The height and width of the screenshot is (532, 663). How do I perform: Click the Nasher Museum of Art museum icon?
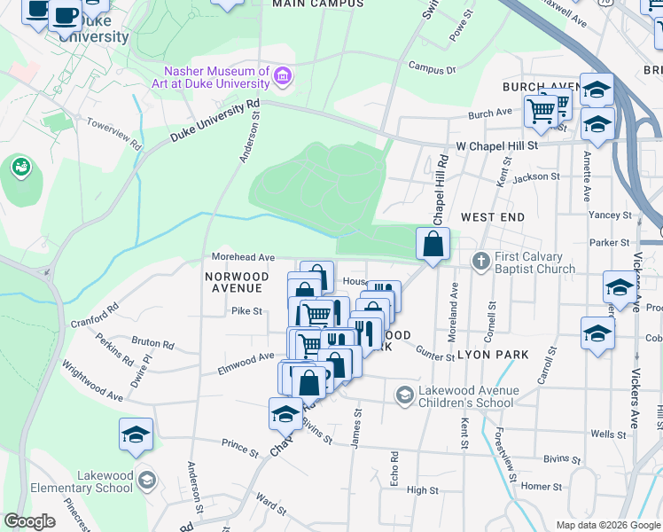(283, 77)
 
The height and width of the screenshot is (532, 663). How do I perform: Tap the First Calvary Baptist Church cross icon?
(481, 261)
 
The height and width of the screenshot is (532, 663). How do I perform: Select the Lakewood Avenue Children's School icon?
(405, 394)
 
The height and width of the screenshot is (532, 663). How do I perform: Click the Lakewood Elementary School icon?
(146, 480)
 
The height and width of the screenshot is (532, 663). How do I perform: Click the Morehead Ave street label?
(242, 257)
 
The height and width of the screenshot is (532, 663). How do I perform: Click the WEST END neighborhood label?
(493, 216)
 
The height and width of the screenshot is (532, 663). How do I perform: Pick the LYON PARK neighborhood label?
(493, 355)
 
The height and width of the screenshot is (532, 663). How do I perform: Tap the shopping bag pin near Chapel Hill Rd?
(433, 244)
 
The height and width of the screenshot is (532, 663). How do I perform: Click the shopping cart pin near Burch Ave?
(542, 111)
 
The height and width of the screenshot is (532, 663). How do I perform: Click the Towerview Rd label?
(121, 135)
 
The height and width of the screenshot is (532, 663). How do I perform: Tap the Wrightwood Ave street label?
(92, 380)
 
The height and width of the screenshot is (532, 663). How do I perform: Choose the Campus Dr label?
(432, 67)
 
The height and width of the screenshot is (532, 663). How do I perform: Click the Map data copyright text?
(607, 525)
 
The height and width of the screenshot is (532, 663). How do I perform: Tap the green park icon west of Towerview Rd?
(20, 166)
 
